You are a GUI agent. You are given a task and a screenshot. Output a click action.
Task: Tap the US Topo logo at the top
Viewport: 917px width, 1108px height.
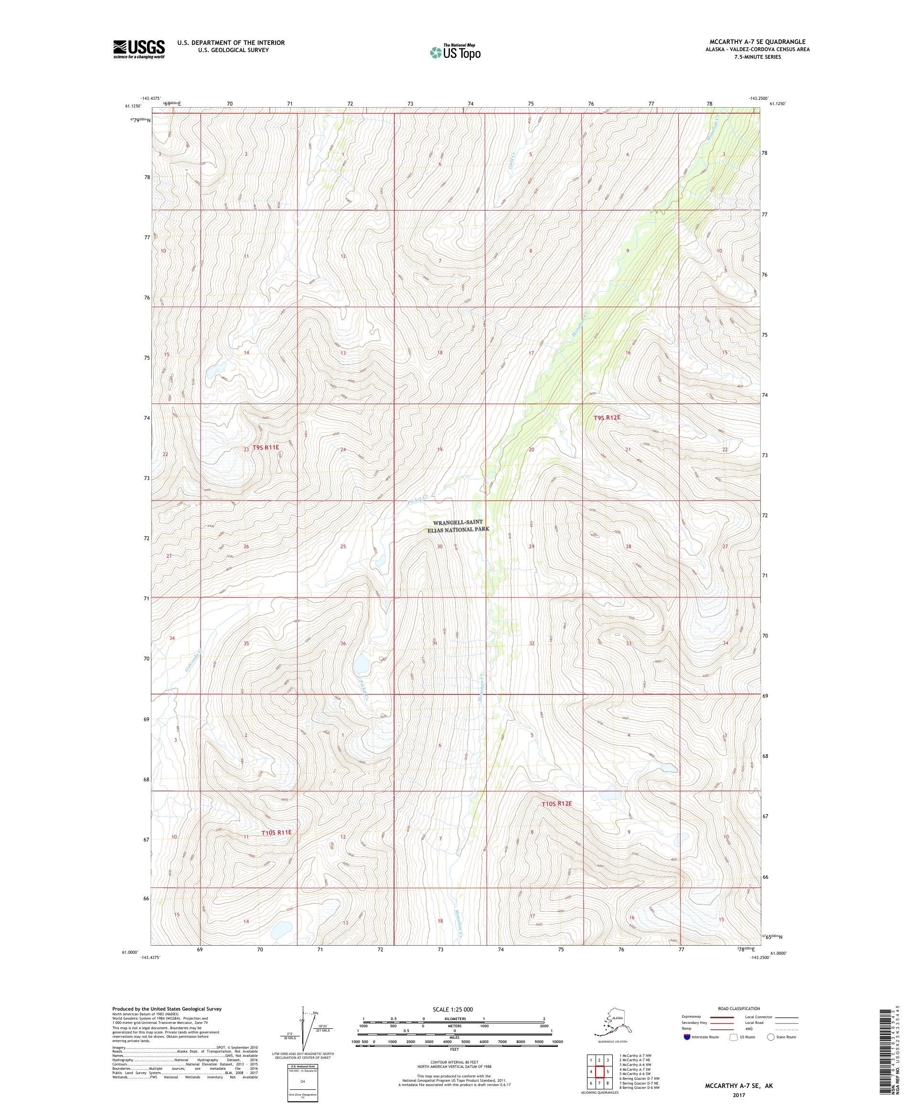tap(455, 52)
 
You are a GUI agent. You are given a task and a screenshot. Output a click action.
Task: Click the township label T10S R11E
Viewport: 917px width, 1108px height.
tap(277, 847)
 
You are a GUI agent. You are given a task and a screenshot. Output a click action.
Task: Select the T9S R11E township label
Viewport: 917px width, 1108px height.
tap(266, 447)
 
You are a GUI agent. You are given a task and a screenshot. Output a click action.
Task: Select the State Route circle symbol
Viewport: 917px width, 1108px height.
tap(771, 1037)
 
